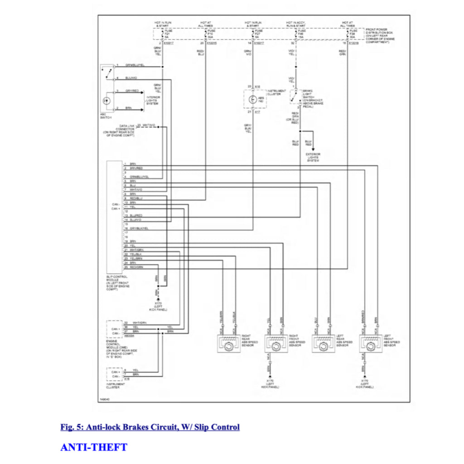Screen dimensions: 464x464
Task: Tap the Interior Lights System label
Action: point(153,100)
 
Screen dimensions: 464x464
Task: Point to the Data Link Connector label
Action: point(119,130)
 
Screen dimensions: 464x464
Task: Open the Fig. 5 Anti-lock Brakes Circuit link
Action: point(150,427)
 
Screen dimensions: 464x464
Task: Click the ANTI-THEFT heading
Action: point(94,447)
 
